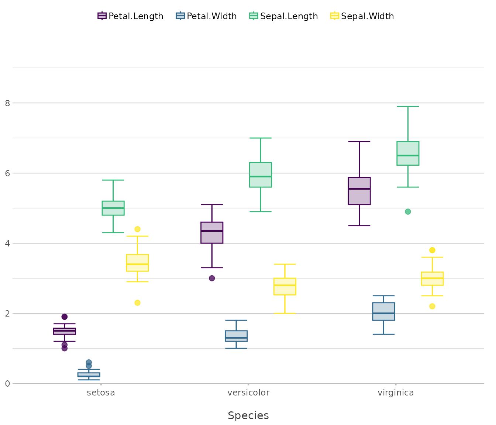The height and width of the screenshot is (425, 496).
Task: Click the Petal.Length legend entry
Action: (x=131, y=16)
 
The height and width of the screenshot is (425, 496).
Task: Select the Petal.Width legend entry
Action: (x=207, y=16)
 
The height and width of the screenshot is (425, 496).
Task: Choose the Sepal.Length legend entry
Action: (x=284, y=16)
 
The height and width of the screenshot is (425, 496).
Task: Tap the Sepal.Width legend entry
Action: (x=362, y=16)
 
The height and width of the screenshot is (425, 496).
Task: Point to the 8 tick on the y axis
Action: (x=7, y=103)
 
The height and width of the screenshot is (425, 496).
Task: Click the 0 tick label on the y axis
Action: (x=7, y=384)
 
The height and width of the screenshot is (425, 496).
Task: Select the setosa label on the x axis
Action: (x=101, y=393)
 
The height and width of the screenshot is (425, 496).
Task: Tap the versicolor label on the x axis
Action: (x=248, y=393)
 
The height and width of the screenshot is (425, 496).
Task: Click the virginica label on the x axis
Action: (x=396, y=393)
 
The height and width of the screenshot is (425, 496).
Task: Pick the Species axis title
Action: (x=248, y=416)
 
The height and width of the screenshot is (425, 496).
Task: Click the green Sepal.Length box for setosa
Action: (x=113, y=208)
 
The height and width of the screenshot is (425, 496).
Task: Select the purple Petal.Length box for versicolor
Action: (x=212, y=232)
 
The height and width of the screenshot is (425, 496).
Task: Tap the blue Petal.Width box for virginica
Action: (x=383, y=311)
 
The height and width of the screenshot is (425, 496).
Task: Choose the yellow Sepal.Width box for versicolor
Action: (x=285, y=287)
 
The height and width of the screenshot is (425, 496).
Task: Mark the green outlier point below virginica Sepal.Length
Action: (x=408, y=212)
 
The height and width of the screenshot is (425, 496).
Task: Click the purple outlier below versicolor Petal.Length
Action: (x=212, y=278)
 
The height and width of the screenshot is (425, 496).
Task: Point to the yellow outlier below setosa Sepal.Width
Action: (x=137, y=303)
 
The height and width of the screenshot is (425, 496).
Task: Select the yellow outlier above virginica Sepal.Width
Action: (x=432, y=250)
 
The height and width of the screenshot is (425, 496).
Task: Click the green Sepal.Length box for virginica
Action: (x=408, y=153)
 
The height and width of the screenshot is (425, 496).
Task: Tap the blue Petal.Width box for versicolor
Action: (x=236, y=336)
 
